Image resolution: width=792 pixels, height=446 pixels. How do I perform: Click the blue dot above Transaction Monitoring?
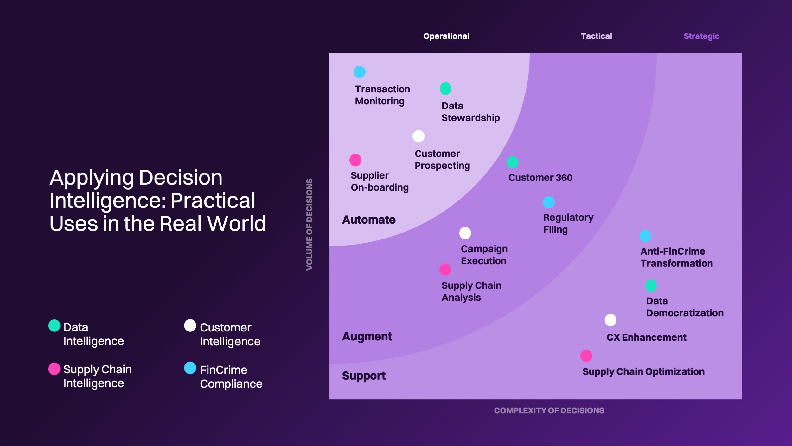click(x=360, y=72)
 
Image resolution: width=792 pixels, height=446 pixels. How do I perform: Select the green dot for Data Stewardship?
click(x=445, y=89)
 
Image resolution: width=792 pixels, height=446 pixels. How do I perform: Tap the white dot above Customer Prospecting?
click(x=418, y=136)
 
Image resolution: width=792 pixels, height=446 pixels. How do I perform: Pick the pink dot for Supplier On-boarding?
click(x=355, y=160)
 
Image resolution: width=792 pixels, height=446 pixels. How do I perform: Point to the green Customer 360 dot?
click(x=513, y=162)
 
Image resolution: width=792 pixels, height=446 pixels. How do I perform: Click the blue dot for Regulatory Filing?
click(x=549, y=202)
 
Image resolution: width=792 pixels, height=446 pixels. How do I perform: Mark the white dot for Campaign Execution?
click(x=465, y=233)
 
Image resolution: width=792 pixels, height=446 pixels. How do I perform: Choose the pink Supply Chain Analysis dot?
click(x=445, y=270)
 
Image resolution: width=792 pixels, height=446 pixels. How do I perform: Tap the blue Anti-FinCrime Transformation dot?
click(x=645, y=236)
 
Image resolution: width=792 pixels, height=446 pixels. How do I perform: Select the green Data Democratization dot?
click(x=651, y=286)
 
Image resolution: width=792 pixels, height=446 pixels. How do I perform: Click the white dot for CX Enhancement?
click(x=610, y=320)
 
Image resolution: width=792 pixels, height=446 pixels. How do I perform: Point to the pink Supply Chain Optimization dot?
click(x=586, y=356)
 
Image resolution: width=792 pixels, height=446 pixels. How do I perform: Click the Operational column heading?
click(x=446, y=36)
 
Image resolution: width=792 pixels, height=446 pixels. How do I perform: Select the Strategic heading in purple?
click(x=701, y=36)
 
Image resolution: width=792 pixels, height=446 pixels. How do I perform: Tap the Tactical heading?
click(x=597, y=36)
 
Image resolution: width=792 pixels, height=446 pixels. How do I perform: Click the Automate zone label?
click(x=369, y=220)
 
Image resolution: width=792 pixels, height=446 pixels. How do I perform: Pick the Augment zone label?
click(x=367, y=337)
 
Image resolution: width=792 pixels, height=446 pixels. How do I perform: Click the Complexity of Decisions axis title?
click(x=549, y=410)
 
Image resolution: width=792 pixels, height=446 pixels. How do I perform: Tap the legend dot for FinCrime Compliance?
click(x=190, y=368)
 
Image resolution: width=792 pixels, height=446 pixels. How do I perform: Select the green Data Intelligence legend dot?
click(x=54, y=326)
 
